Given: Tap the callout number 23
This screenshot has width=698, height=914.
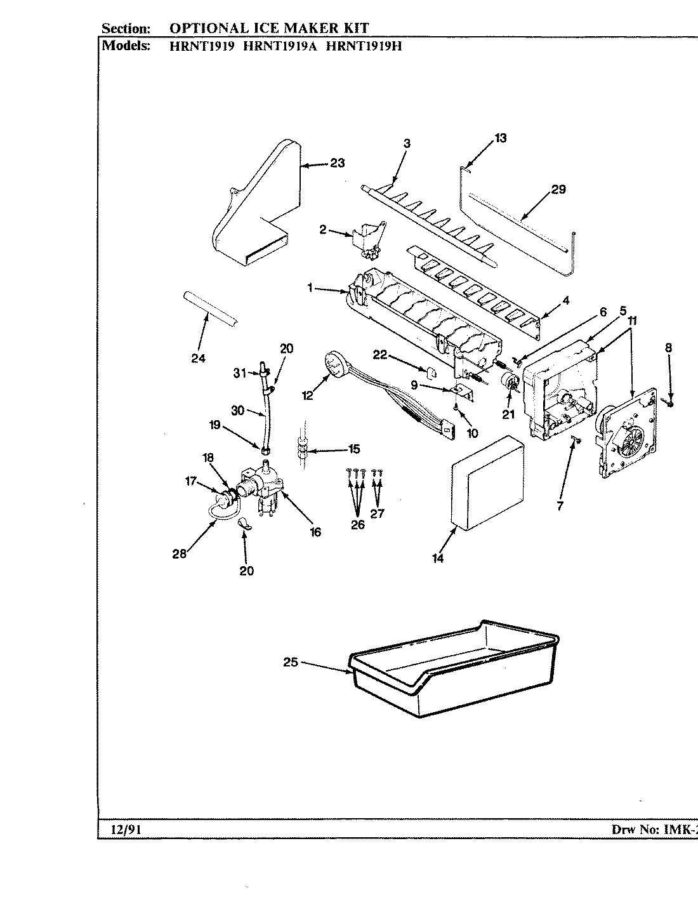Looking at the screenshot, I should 337,163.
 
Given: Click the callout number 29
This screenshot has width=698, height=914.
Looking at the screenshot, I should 558,189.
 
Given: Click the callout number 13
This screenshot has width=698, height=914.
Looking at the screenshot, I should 501,138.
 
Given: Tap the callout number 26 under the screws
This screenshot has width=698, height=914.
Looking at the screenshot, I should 358,525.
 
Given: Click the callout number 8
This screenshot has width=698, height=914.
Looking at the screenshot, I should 669,348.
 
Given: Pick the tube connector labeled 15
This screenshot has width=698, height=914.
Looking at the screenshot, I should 303,449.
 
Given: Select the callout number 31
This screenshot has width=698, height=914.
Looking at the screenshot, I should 239,374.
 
